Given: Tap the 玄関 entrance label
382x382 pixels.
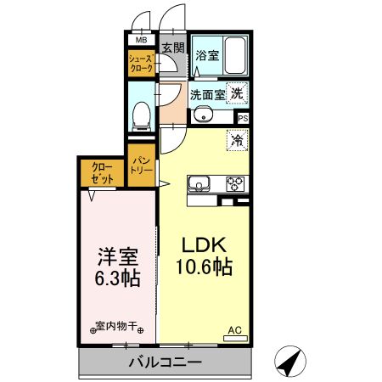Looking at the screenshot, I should (172, 48).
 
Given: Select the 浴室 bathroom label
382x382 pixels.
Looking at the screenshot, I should (208, 56).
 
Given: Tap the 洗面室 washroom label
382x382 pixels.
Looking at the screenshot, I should (206, 95).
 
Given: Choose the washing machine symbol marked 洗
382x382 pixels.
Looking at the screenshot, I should (239, 94).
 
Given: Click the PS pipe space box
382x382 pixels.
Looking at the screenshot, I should (244, 119).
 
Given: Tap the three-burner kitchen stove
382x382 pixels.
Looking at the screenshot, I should (234, 183).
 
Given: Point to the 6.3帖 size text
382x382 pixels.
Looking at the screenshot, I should (117, 278).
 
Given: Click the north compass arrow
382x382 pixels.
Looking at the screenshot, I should (291, 362).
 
